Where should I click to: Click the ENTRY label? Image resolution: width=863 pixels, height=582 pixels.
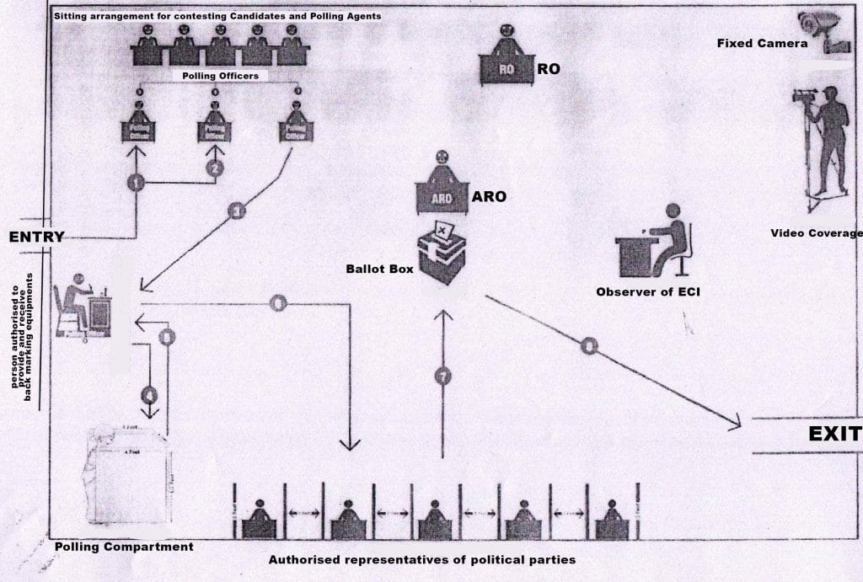click(36, 237)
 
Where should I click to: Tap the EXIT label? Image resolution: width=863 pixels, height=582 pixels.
click(834, 435)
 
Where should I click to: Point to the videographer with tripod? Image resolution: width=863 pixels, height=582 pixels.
click(823, 143)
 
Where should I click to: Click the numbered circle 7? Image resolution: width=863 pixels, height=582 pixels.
click(442, 376)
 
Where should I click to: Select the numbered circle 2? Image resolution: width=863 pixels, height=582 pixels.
click(215, 168)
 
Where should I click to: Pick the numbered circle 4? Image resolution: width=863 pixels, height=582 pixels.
click(149, 393)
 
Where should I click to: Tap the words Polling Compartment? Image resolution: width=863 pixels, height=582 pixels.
click(124, 547)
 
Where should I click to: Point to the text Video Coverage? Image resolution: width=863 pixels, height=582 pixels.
click(816, 233)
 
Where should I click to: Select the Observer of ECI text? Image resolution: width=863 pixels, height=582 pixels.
click(647, 292)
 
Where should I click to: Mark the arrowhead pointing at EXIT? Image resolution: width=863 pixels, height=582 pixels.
click(735, 422)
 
